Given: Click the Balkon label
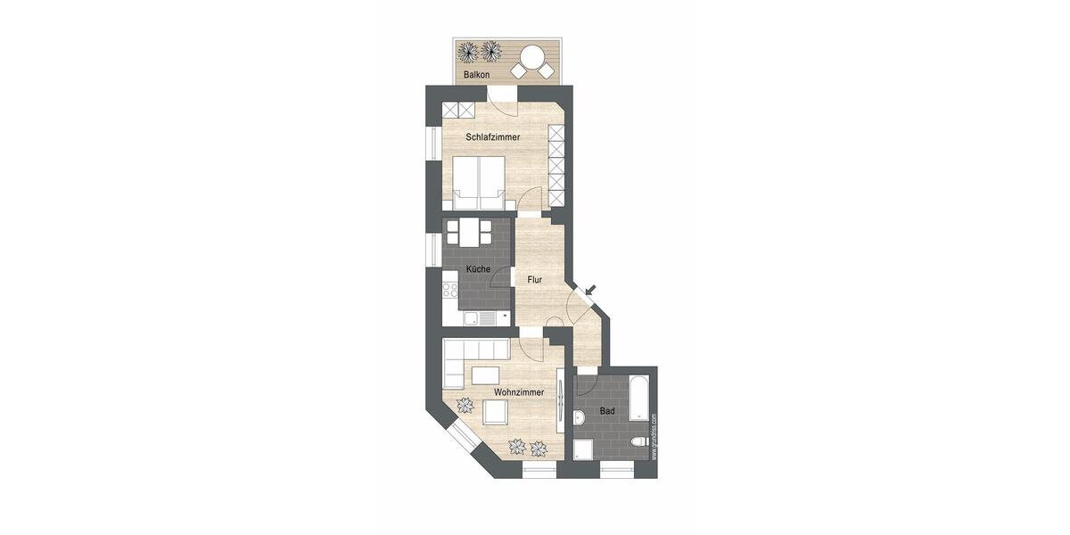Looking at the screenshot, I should (476, 75).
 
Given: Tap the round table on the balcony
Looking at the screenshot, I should (532, 56).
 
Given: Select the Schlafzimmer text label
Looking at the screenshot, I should (493, 137).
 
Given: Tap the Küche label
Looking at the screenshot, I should (478, 269).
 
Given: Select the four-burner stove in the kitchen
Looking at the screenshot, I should (449, 290).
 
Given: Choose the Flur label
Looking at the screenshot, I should (534, 280).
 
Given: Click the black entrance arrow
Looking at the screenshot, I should (590, 288).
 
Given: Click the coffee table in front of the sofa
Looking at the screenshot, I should (486, 374).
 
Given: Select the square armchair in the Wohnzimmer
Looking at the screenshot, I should (495, 412).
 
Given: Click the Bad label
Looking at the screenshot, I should (606, 411).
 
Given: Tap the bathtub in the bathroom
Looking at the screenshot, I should (639, 398).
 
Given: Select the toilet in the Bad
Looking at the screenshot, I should (637, 443).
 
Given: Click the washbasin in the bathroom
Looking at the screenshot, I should (580, 416).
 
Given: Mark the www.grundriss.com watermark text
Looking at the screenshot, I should (654, 436).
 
